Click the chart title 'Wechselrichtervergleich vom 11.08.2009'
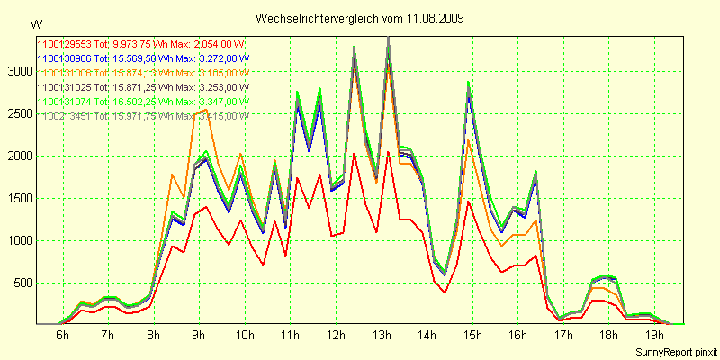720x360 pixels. (360, 18)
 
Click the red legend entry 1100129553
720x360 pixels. (142, 44)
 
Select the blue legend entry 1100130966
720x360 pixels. (142, 58)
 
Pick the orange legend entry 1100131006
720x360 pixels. (142, 73)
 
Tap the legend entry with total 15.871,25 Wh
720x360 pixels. (142, 87)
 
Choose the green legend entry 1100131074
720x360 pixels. (142, 102)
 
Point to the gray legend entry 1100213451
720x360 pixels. (142, 116)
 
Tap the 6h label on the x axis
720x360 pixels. (62, 335)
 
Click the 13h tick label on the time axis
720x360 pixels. (382, 335)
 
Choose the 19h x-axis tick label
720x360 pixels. (655, 335)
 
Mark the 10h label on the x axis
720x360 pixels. (245, 335)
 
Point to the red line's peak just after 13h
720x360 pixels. (388, 151)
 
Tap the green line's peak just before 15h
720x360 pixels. (468, 82)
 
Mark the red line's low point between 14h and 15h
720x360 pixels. (445, 292)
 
